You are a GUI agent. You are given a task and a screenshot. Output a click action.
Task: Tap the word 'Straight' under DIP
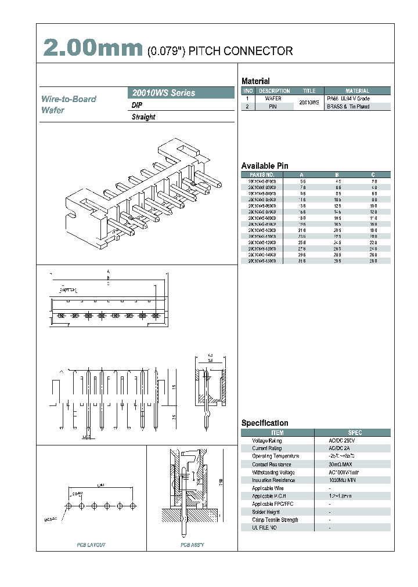tap(143, 117)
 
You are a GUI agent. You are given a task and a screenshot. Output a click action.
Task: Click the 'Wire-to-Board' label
tap(69, 99)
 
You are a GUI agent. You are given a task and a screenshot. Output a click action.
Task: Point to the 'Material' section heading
tap(255, 81)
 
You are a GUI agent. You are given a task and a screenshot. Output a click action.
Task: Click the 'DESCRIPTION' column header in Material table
tap(274, 91)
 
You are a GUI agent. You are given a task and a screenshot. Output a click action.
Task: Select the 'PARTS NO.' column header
tap(262, 175)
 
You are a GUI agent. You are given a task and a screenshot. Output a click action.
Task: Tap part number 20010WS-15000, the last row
tap(262, 261)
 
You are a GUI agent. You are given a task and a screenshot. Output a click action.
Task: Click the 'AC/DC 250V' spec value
tap(341, 441)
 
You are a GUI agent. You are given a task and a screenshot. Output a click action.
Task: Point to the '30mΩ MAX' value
tap(340, 465)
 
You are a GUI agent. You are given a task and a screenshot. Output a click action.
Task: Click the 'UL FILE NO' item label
tap(264, 528)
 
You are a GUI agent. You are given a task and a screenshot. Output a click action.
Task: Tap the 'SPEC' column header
tap(355, 433)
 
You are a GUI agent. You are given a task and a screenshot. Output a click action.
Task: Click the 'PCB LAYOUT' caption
tap(91, 545)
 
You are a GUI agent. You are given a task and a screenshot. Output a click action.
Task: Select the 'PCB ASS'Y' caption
tap(192, 545)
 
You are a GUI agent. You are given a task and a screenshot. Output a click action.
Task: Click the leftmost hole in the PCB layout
tap(69, 506)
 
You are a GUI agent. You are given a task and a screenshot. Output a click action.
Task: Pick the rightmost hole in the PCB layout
tap(133, 506)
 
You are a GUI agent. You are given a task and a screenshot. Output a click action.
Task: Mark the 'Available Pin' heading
tap(264, 166)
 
